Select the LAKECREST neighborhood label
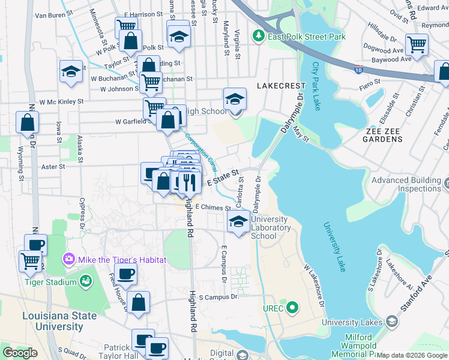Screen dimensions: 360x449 278,86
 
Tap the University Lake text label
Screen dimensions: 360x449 334,247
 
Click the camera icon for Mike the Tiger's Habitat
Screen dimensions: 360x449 68,260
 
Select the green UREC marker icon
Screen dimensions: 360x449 292,308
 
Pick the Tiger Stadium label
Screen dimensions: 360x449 50,281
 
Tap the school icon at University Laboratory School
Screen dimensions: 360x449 239,222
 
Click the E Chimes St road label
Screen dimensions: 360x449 213,208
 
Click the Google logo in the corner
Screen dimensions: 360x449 20,353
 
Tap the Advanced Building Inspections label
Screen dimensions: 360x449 409,184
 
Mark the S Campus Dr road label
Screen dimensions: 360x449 218,296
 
